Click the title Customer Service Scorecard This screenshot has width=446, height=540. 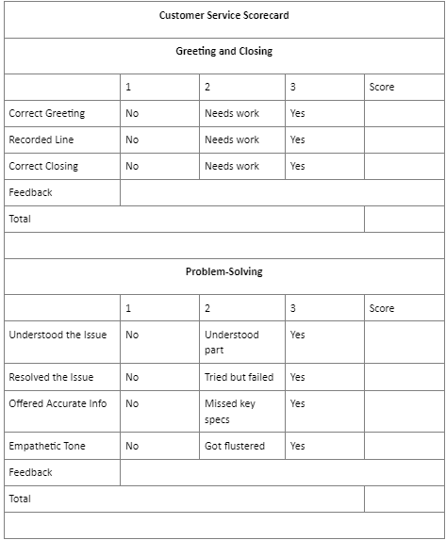(223, 15)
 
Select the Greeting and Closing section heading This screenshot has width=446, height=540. (223, 51)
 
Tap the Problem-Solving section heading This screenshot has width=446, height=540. (223, 271)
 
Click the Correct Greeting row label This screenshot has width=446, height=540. (46, 113)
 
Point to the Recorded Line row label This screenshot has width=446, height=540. (41, 139)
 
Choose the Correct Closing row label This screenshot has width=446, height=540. (43, 166)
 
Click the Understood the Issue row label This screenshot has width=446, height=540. (58, 335)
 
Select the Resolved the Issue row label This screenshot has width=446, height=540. (51, 377)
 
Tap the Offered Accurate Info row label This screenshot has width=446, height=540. (58, 403)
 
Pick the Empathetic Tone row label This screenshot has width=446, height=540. (47, 446)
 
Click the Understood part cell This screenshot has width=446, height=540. (231, 342)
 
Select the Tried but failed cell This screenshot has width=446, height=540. (239, 377)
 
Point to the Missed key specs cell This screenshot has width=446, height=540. (230, 411)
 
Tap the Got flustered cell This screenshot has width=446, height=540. (235, 446)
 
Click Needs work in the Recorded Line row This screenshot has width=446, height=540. (232, 139)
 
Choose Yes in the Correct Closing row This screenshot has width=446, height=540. (298, 166)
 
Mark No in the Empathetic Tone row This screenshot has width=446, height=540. (132, 446)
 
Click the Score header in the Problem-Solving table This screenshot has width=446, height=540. (382, 308)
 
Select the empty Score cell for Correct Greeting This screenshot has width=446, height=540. (403, 113)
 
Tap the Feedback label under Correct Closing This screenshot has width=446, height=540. (30, 192)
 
